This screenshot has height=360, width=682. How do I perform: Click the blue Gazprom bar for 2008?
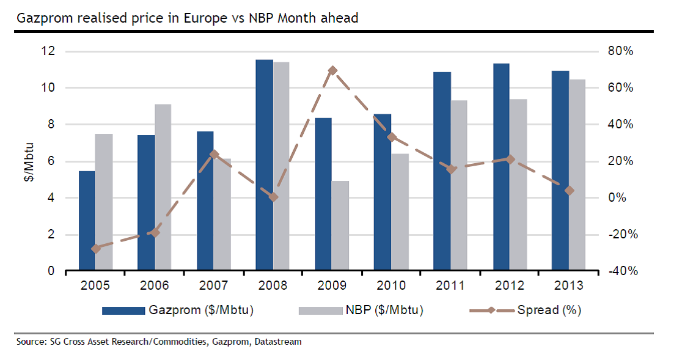(264, 165)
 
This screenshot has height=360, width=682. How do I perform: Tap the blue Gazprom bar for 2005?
(87, 221)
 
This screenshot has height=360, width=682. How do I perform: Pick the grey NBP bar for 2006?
(163, 187)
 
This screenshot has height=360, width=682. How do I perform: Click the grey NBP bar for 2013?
(577, 175)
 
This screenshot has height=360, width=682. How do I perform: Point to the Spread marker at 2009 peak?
(332, 71)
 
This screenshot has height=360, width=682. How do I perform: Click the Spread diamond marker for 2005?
(95, 249)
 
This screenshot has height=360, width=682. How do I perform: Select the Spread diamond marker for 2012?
(510, 160)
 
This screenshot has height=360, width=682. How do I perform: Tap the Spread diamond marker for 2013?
(569, 191)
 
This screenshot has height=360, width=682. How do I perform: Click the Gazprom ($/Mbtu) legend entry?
(177, 310)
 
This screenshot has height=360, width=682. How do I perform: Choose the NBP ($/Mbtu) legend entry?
(361, 310)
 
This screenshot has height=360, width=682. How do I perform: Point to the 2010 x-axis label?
(391, 285)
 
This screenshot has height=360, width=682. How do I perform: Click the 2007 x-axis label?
(213, 285)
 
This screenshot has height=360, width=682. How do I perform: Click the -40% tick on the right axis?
(618, 271)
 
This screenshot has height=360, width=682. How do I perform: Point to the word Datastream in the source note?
(279, 342)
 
